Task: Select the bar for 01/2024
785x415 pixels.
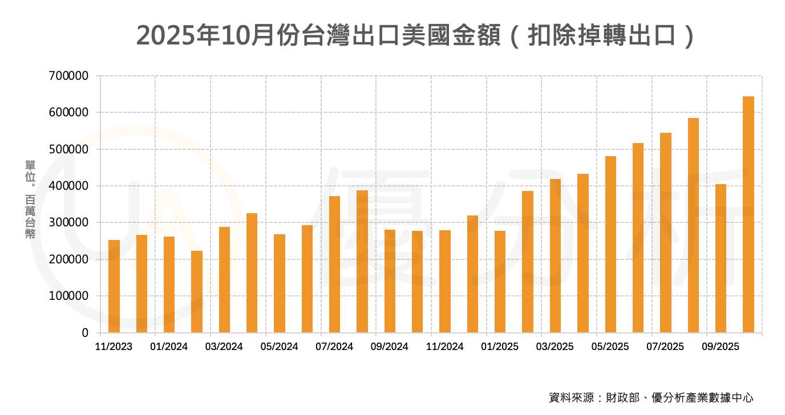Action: [169, 284]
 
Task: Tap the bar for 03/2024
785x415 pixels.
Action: [224, 280]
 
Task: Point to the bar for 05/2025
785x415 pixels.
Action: [610, 245]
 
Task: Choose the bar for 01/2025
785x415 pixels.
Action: [500, 282]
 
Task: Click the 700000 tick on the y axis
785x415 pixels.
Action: [68, 76]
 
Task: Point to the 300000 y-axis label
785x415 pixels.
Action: [68, 222]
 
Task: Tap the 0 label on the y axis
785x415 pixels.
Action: [85, 333]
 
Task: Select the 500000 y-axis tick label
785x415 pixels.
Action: [68, 149]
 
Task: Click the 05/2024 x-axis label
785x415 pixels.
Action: [280, 347]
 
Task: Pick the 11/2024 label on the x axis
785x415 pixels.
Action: [445, 347]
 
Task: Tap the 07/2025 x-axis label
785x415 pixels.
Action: [665, 347]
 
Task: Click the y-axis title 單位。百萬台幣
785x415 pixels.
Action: [30, 199]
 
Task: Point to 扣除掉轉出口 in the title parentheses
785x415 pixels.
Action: [601, 35]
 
